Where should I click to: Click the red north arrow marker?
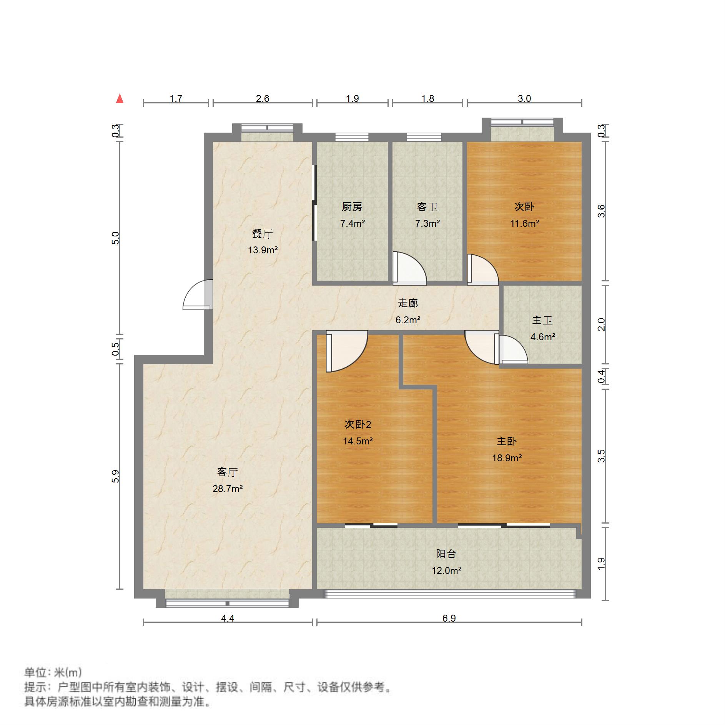[120, 99]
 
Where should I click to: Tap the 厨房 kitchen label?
[352, 207]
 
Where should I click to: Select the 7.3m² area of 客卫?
[427, 223]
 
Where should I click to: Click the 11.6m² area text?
[524, 223]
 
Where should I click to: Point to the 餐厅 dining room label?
[263, 233]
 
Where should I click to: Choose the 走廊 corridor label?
[408, 303]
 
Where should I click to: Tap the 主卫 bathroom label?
[542, 320]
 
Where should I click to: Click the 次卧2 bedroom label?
[358, 424]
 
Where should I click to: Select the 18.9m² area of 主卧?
[507, 458]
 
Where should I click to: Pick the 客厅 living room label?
[228, 472]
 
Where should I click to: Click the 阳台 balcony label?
[446, 554]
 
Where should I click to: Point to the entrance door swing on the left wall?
[198, 295]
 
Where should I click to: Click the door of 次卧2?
[346, 352]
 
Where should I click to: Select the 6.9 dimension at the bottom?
[449, 618]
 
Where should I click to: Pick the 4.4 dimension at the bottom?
[228, 618]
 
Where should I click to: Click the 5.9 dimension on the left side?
[115, 476]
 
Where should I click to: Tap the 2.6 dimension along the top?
[263, 99]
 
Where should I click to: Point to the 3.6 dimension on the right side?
[601, 211]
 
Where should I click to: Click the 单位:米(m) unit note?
[53, 672]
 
